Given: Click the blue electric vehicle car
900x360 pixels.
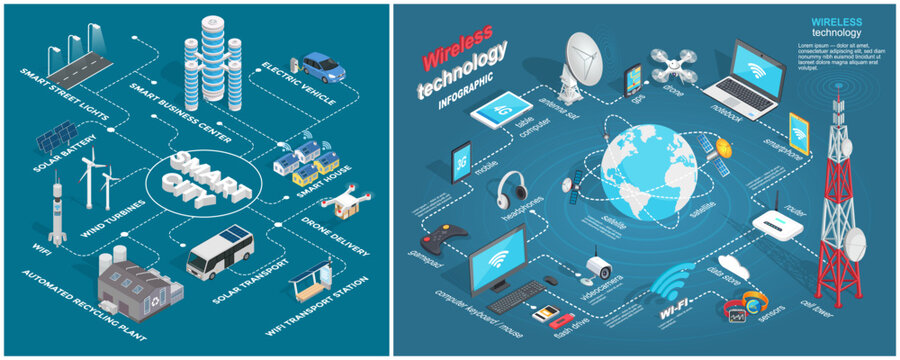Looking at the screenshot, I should point(322,67).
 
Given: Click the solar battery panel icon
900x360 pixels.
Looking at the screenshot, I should point(56,139).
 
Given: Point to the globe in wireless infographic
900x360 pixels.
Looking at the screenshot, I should point(651,175).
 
